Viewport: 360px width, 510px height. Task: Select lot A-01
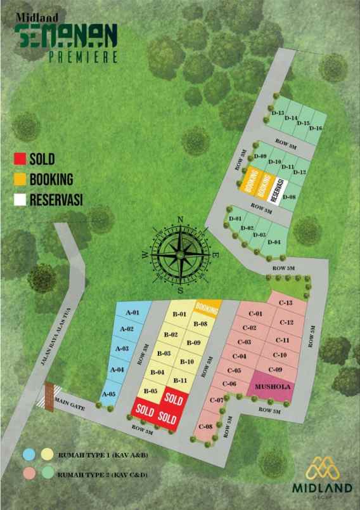click(x=132, y=313)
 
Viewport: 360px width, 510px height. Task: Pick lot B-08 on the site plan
click(x=200, y=324)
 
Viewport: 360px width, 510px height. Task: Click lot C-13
click(x=285, y=303)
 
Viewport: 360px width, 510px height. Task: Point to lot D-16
click(x=316, y=129)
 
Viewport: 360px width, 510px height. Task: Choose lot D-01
click(x=235, y=219)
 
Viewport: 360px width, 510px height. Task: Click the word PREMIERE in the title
click(x=83, y=56)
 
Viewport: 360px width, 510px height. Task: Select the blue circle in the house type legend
click(x=29, y=454)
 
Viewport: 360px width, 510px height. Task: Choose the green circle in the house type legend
click(x=46, y=473)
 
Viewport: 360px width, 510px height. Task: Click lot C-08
click(x=205, y=427)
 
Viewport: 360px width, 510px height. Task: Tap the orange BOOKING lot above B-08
click(x=207, y=307)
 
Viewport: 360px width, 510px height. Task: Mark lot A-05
click(x=108, y=394)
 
